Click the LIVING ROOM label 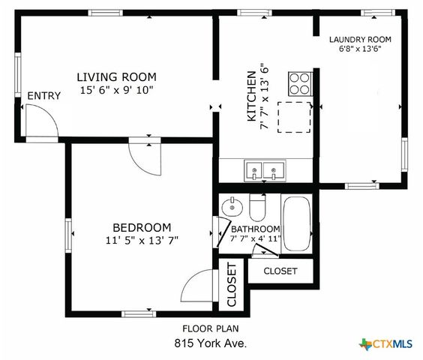click(116, 77)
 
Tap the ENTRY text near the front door click(44, 96)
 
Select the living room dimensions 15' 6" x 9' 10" click(116, 90)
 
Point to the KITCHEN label click(251, 96)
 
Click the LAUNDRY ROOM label click(360, 40)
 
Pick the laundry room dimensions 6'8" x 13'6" click(360, 49)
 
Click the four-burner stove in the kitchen click(300, 84)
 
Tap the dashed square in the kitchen click(294, 117)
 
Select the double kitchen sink click(265, 170)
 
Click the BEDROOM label click(142, 228)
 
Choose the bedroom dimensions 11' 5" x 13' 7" click(142, 240)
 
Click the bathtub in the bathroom click(297, 223)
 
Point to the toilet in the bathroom click(258, 207)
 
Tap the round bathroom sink click(232, 207)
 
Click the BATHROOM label click(256, 229)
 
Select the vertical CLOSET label click(232, 285)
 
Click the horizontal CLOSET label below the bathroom click(280, 271)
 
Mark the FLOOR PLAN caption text click(211, 328)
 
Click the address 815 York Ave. click(211, 343)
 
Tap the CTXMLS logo click(385, 344)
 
